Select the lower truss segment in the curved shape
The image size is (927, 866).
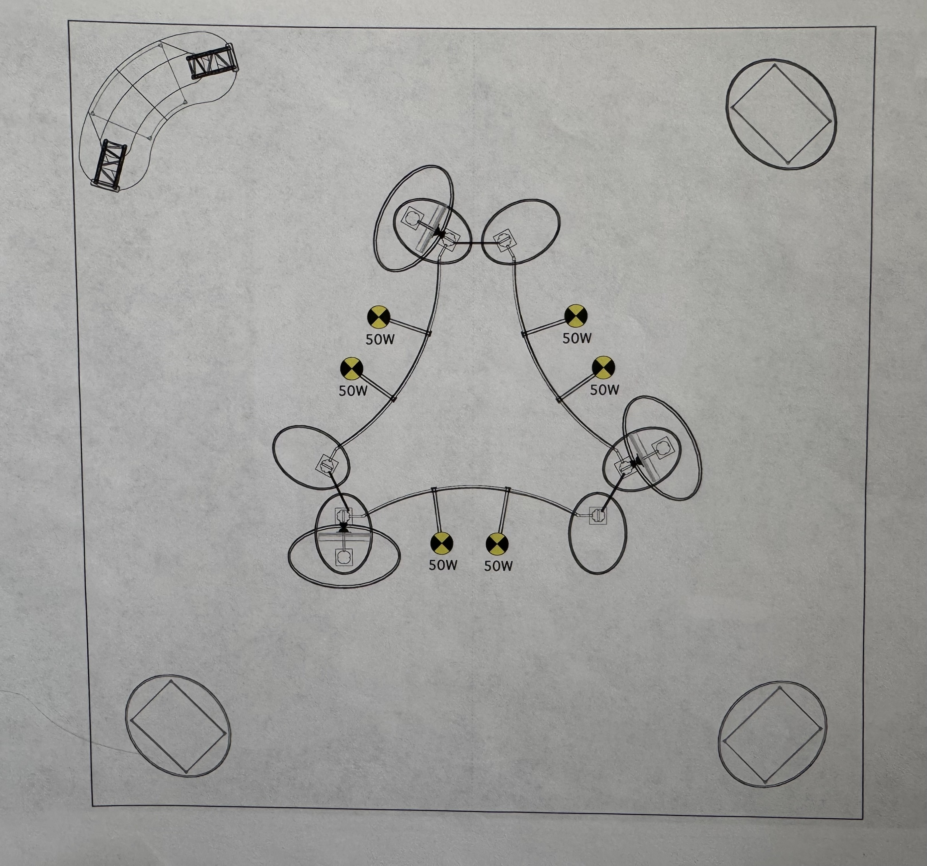[110, 165]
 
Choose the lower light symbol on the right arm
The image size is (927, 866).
[603, 368]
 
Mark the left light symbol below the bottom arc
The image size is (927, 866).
[441, 543]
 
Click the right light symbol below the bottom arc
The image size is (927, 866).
[497, 544]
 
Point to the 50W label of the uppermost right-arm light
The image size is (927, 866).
[577, 338]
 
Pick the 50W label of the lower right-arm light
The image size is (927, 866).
[605, 390]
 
